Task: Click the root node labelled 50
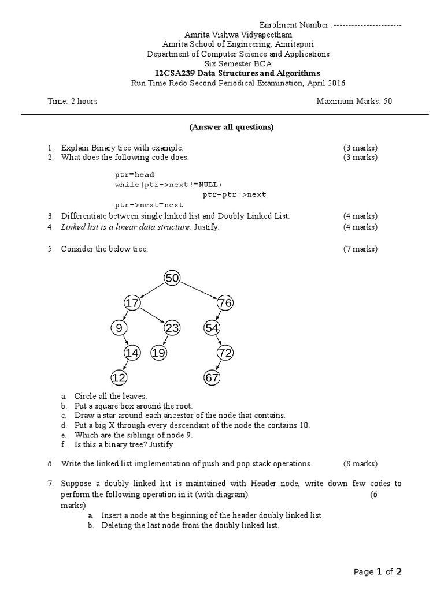point(172,278)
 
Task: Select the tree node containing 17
point(132,302)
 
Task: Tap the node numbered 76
point(224,302)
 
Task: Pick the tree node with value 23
point(172,328)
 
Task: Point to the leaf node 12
point(119,377)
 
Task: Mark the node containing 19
point(158,352)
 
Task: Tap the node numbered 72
point(224,352)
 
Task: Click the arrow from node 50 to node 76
point(198,290)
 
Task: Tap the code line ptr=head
point(134,174)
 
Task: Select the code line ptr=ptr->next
point(234,194)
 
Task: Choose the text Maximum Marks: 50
point(354,101)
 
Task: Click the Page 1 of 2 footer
point(378,572)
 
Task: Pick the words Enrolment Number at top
point(294,25)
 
